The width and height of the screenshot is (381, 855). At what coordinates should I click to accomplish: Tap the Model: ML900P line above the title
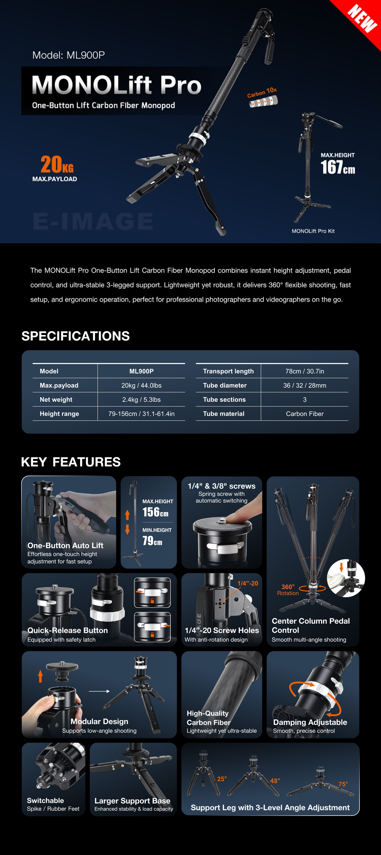[68, 55]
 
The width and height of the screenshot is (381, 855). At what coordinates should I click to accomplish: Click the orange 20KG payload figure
[57, 164]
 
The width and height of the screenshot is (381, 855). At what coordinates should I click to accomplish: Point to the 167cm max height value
[338, 167]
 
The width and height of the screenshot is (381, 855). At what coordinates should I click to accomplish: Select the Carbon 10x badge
[263, 97]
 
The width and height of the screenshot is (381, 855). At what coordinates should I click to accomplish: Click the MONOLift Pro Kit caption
[313, 231]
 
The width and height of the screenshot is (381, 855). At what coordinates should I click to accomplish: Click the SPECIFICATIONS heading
[76, 336]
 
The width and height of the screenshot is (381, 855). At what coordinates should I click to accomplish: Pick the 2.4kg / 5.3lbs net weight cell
[141, 399]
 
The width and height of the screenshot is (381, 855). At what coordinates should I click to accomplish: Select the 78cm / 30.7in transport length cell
[305, 371]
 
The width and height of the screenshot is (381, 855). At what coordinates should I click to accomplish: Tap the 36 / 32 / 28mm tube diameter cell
[305, 385]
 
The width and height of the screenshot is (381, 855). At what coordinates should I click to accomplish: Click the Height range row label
[59, 414]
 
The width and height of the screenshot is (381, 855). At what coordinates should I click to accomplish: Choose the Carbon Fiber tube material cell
[305, 414]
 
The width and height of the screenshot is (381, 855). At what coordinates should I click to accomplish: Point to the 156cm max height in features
[155, 512]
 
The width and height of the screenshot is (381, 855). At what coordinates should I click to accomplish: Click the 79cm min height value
[152, 541]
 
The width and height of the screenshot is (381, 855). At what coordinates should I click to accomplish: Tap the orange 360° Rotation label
[288, 590]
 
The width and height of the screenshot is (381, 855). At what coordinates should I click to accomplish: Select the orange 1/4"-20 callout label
[248, 584]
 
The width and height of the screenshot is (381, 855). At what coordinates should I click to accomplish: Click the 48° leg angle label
[275, 781]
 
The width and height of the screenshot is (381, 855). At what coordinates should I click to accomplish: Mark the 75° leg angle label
[343, 784]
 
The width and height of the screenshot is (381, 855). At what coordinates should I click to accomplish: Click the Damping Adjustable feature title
[310, 722]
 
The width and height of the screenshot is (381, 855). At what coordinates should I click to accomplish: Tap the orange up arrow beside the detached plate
[40, 676]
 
